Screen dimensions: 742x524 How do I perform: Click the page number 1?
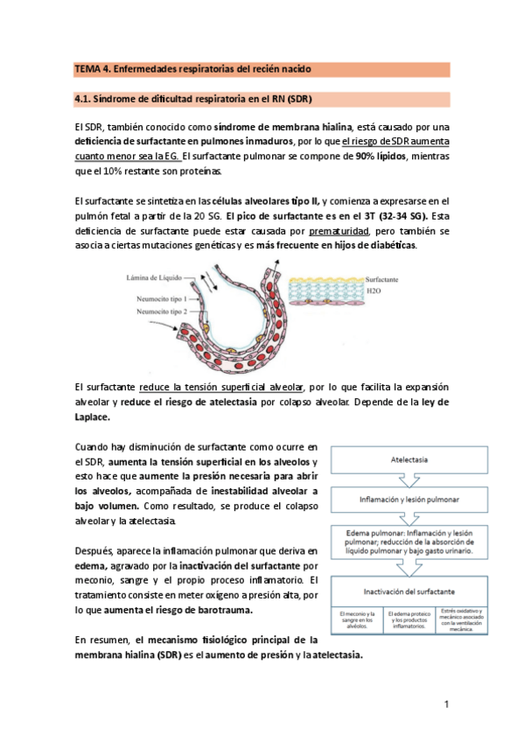pos(446,704)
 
